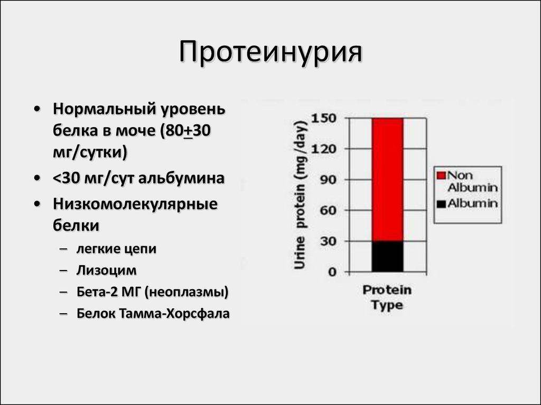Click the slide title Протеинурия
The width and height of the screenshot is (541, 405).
coord(271,53)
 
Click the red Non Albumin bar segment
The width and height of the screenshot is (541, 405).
coord(387,179)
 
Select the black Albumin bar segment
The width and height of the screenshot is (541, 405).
coord(387,257)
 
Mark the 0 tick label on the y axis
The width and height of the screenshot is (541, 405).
coord(332,272)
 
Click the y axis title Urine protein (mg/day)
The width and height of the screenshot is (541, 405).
coord(301,195)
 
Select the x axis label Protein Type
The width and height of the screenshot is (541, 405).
coord(387,297)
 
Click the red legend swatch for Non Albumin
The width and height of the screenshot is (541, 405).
coord(441,176)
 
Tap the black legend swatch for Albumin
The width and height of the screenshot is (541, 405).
coord(441,204)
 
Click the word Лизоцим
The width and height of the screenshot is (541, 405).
coord(107,271)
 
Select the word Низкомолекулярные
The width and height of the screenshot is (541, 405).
coord(135,205)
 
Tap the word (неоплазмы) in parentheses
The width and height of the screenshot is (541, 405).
coord(186,292)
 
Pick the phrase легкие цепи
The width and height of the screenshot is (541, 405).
coord(116,249)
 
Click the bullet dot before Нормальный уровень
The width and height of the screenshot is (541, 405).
coord(38,110)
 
